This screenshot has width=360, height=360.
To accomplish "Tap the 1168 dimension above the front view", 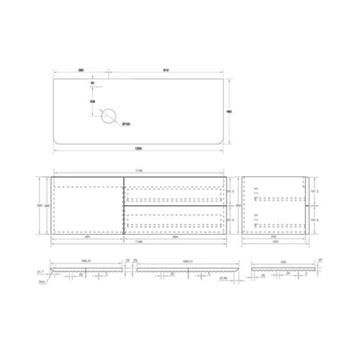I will [x=138, y=172].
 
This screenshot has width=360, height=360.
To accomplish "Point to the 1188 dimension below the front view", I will [x=138, y=244].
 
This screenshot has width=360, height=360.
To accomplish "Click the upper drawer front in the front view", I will [x=175, y=191].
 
